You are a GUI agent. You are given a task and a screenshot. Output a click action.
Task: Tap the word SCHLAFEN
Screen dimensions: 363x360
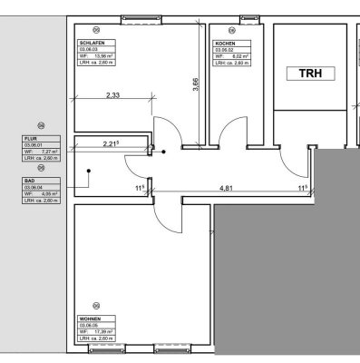tap(91, 42)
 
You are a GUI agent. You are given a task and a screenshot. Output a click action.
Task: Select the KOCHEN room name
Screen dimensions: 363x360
tap(226, 42)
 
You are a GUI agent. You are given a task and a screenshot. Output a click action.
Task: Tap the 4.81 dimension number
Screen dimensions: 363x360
tap(234, 189)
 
